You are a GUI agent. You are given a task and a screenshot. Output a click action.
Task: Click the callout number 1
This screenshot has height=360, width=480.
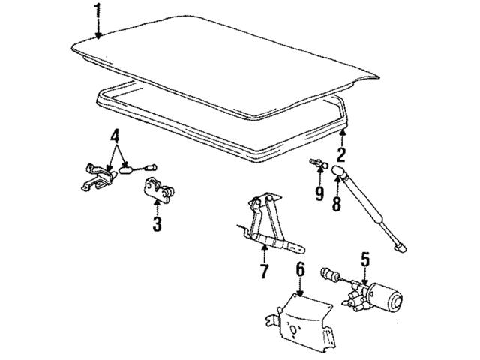[x=97, y=10]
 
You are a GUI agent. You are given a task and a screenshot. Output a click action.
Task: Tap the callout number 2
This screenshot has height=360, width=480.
[x=341, y=154]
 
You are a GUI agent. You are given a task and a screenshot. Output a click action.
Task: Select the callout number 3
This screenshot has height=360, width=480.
[x=157, y=223]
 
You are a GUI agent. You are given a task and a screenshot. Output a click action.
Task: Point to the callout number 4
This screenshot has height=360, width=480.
[x=115, y=136]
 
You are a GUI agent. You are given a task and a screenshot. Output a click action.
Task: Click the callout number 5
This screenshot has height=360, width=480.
[x=365, y=259]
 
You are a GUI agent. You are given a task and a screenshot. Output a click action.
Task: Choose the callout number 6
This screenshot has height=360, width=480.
[x=300, y=269]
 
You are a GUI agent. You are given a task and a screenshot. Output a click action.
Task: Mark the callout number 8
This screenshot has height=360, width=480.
[x=337, y=203]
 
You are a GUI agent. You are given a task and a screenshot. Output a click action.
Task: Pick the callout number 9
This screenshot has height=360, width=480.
[x=319, y=193]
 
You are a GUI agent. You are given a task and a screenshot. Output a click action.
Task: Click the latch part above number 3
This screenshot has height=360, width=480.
[x=159, y=189]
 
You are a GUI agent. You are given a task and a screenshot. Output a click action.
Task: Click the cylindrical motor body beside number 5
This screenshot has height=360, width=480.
[x=386, y=296]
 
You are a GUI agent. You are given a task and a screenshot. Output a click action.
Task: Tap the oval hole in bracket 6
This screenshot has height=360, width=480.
[x=293, y=330]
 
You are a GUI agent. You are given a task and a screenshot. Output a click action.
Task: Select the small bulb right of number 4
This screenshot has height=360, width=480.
[x=151, y=167]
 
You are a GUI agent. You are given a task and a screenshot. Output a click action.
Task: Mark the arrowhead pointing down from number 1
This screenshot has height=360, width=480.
[x=98, y=36]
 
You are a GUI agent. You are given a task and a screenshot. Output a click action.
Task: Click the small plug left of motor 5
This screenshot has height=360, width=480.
[x=329, y=274]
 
